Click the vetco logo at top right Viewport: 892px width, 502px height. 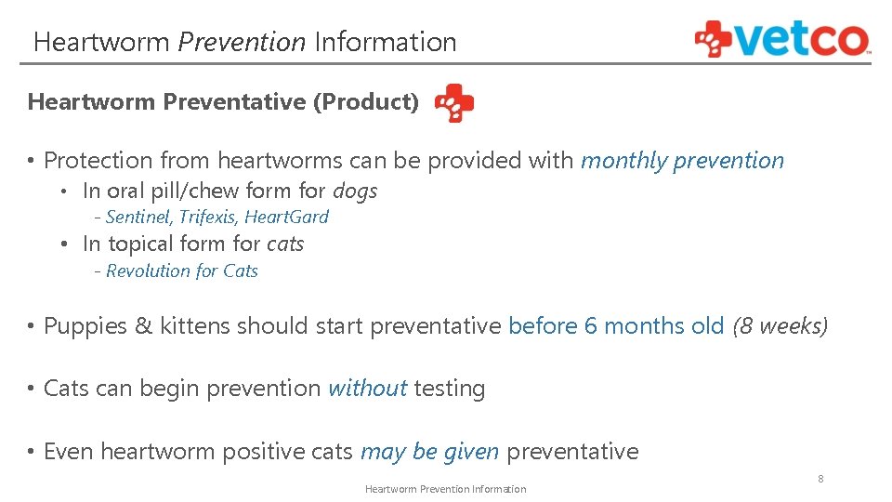[x=782, y=40]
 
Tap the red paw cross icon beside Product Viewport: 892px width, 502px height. [x=454, y=103]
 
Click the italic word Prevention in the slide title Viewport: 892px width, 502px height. [x=242, y=43]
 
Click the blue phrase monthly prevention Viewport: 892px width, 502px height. [x=682, y=161]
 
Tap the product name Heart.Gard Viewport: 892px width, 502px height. [x=286, y=218]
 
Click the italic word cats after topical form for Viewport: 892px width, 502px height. [x=285, y=244]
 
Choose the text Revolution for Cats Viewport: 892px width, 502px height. [x=182, y=271]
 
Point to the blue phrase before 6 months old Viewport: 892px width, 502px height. [x=616, y=326]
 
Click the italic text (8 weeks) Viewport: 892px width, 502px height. [x=780, y=326]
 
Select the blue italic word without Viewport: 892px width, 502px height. [x=367, y=389]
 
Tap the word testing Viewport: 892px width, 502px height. [x=450, y=390]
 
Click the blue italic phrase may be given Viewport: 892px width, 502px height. [x=429, y=453]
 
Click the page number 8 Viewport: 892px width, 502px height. [x=820, y=479]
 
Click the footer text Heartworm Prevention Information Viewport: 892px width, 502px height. [x=445, y=489]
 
